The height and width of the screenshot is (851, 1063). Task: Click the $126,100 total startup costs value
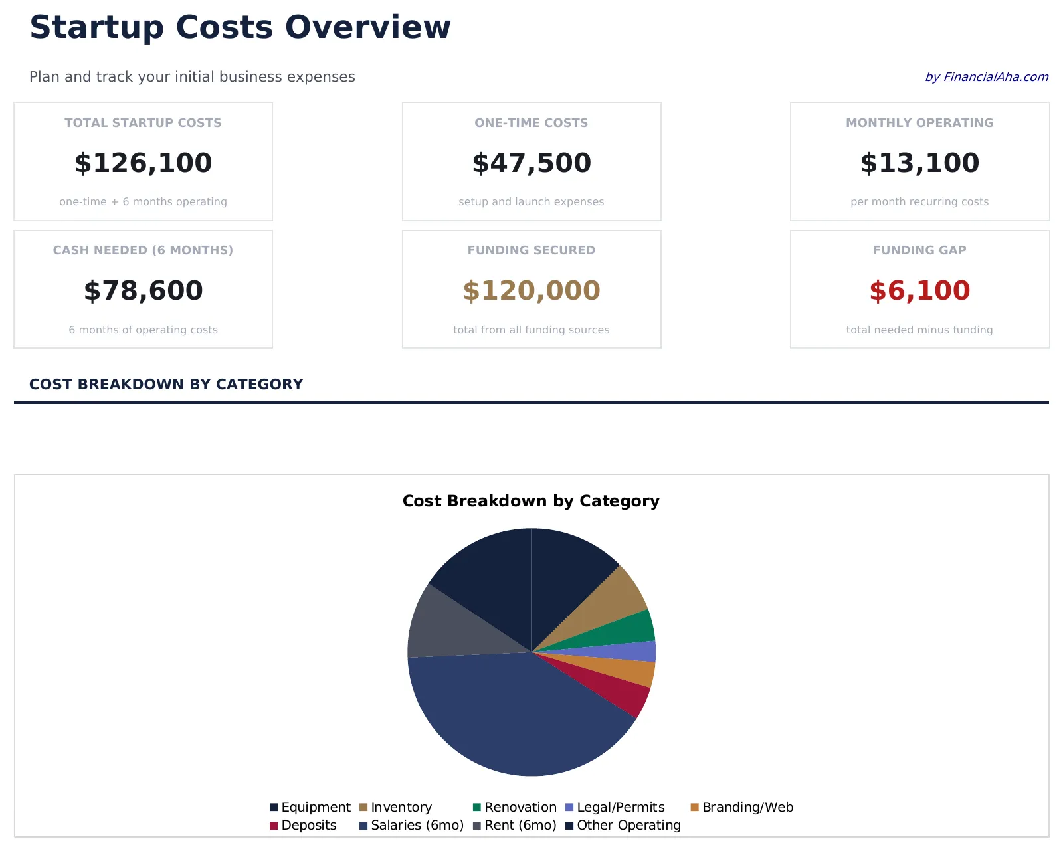point(143,163)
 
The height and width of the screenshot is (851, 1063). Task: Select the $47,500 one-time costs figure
point(531,163)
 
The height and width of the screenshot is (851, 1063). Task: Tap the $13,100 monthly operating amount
point(919,163)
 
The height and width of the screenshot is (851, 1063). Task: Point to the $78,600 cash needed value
point(143,291)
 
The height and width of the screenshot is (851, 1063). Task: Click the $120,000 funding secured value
point(531,291)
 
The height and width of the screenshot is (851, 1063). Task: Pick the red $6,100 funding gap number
point(919,291)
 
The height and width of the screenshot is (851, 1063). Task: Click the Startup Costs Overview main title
point(240,28)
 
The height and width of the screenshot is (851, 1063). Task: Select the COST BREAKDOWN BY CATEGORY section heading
point(166,384)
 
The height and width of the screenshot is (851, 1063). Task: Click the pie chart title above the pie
point(531,501)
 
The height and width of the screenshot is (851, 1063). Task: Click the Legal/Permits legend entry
point(615,807)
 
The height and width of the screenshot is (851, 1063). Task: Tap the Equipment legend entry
point(310,807)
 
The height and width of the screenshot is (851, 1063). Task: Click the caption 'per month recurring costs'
point(919,202)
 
